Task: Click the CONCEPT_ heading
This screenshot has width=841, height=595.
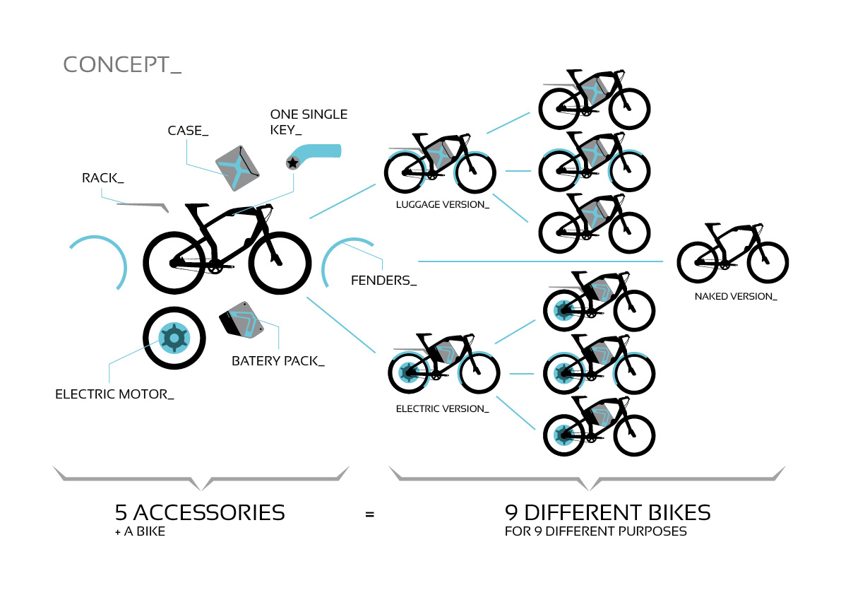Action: click(x=122, y=64)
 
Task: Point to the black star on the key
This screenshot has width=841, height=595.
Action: click(x=292, y=163)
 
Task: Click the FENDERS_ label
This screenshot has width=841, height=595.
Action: click(x=383, y=281)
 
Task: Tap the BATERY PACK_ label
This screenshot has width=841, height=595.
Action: click(x=278, y=361)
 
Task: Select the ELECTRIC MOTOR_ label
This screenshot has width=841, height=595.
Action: click(x=114, y=394)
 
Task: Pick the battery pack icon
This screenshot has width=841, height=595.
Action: click(x=241, y=322)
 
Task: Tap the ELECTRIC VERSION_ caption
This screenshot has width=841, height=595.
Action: click(x=442, y=408)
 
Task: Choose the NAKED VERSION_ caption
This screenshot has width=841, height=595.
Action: click(x=735, y=296)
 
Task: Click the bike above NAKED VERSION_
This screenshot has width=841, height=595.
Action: click(x=732, y=254)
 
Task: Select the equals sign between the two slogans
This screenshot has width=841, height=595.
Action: click(x=369, y=514)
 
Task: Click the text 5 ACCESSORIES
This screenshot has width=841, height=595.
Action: click(x=200, y=512)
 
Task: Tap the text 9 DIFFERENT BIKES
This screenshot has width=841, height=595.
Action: click(x=607, y=512)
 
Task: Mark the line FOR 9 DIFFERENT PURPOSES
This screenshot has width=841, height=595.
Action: click(x=595, y=531)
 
